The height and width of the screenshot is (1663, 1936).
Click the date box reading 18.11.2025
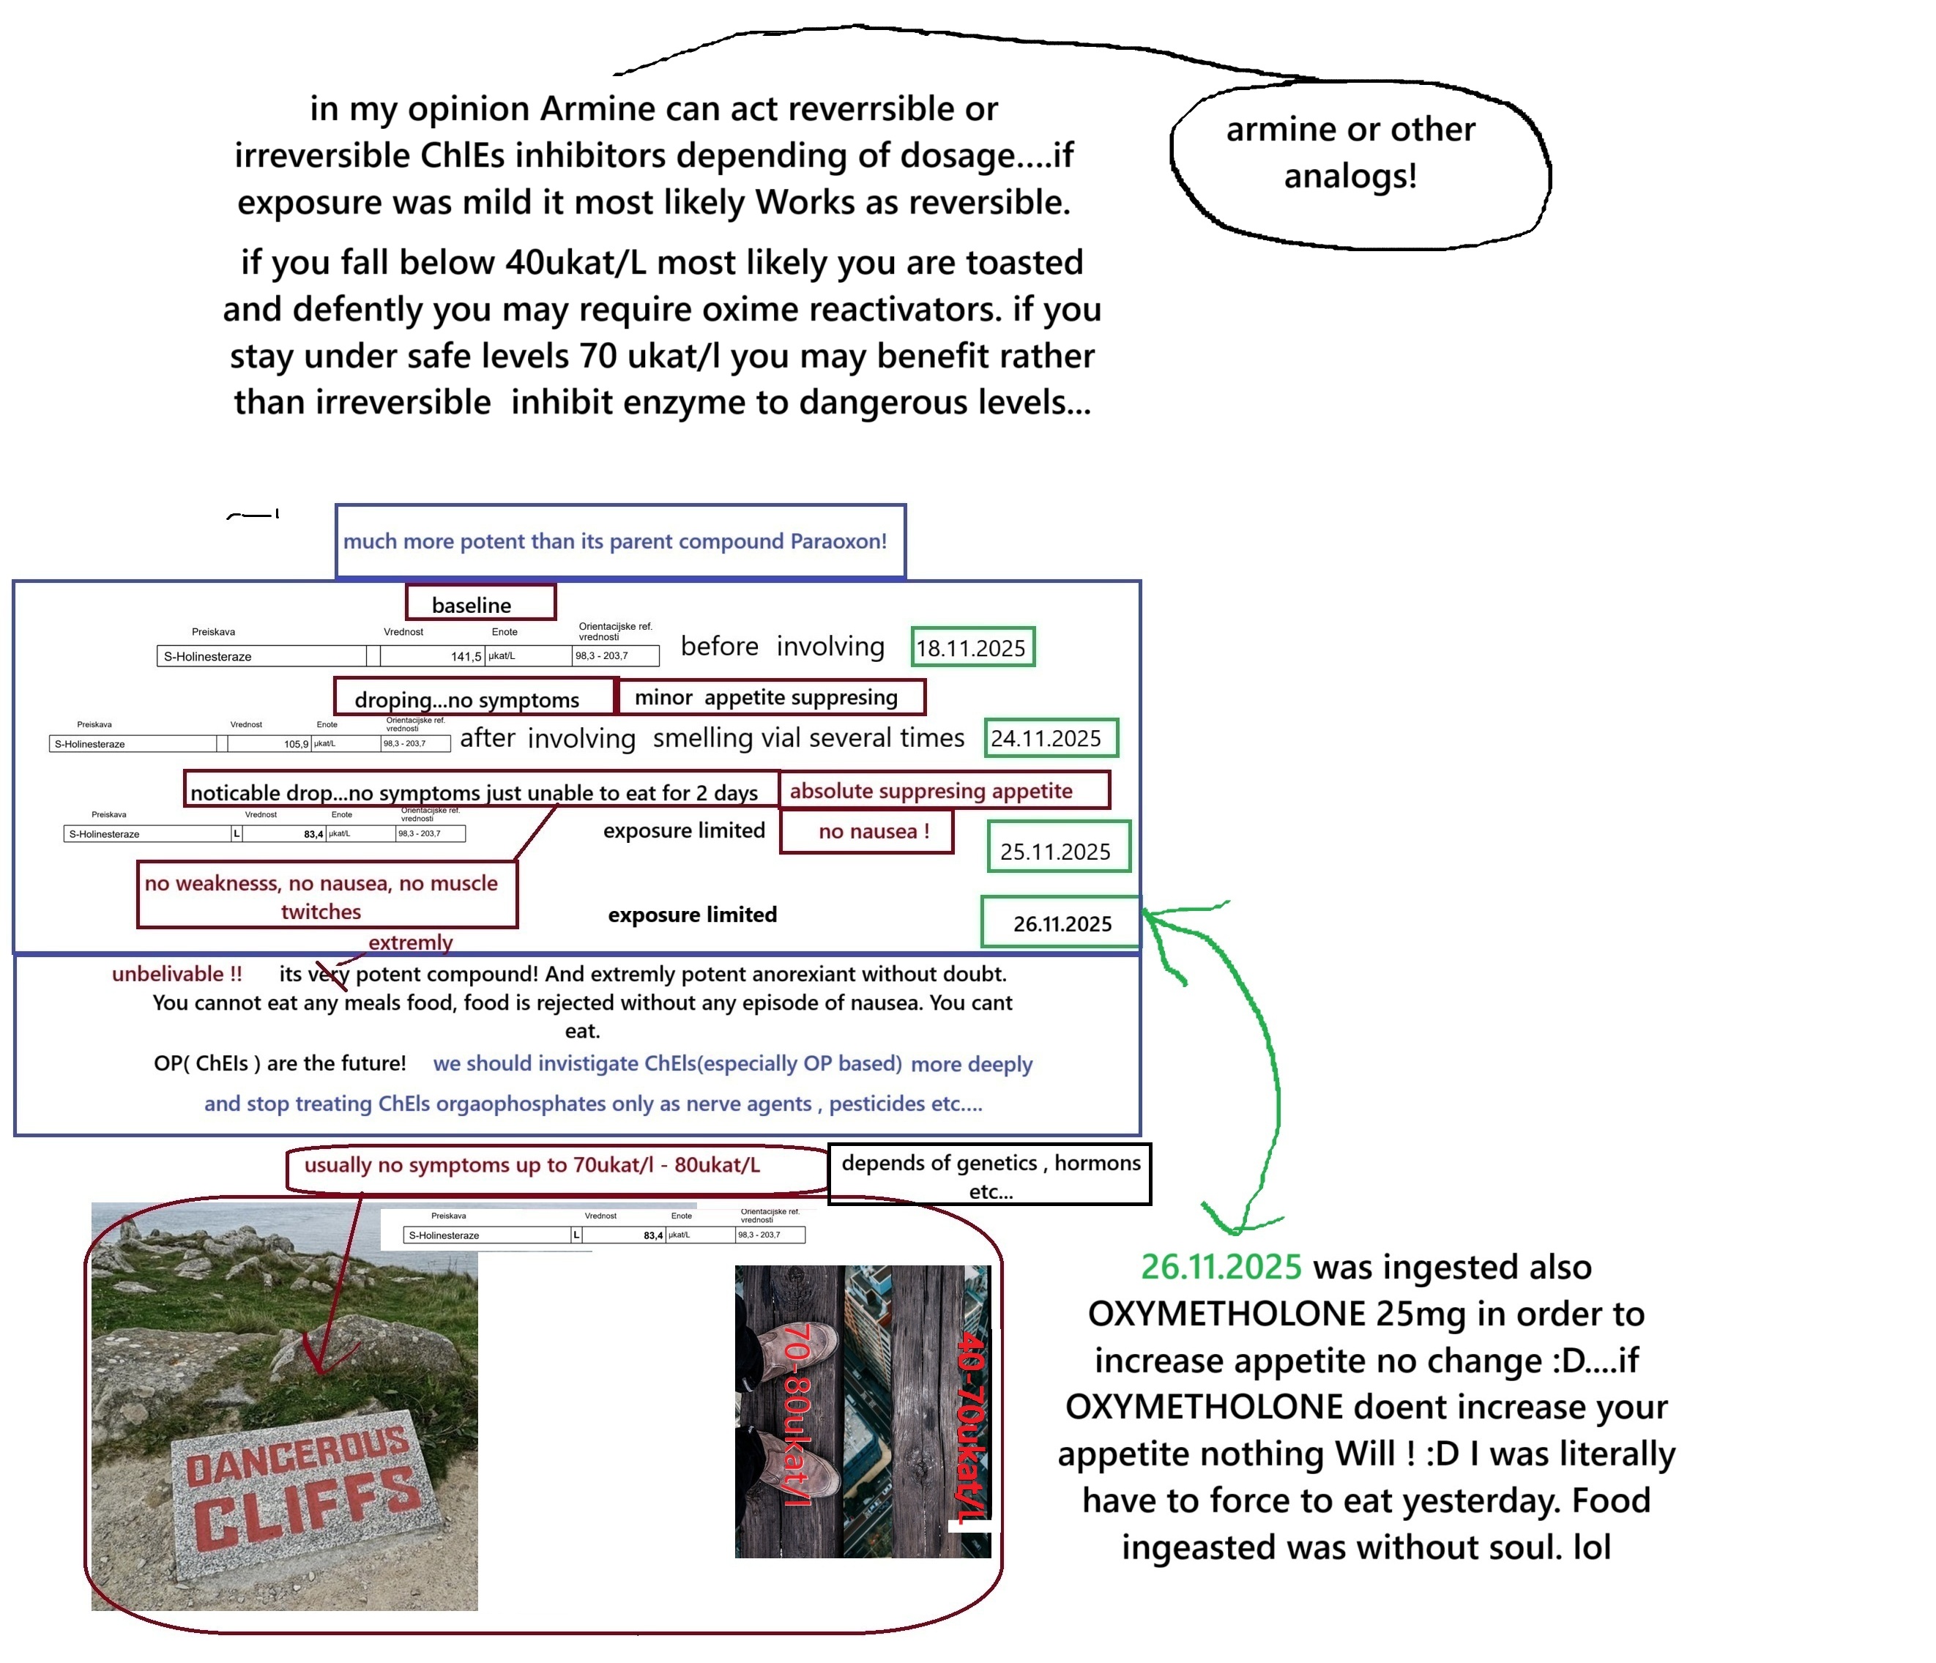tap(972, 647)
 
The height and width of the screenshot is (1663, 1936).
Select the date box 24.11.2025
tap(1049, 738)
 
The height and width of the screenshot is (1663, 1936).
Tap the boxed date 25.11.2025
tap(1058, 848)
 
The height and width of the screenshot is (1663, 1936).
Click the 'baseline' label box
tap(480, 603)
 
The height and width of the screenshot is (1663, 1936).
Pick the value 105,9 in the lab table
tap(295, 745)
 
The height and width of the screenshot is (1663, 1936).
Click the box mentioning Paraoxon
tap(619, 542)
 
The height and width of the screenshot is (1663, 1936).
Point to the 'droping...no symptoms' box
tap(474, 699)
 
